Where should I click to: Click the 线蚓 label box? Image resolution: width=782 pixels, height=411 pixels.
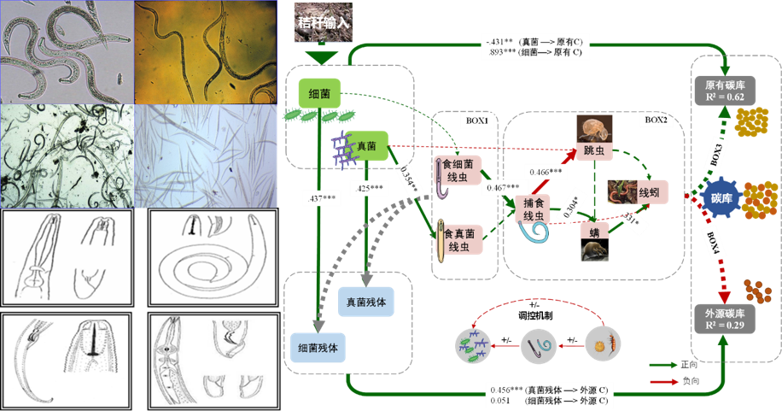point(649,192)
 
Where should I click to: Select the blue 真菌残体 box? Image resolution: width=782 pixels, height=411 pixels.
point(365,302)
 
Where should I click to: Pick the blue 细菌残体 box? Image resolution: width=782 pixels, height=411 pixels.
point(318,349)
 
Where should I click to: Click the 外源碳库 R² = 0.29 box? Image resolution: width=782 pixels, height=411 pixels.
point(726,317)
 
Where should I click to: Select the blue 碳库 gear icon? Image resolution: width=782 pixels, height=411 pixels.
point(721,198)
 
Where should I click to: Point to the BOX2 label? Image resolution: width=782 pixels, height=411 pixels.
point(655,120)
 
